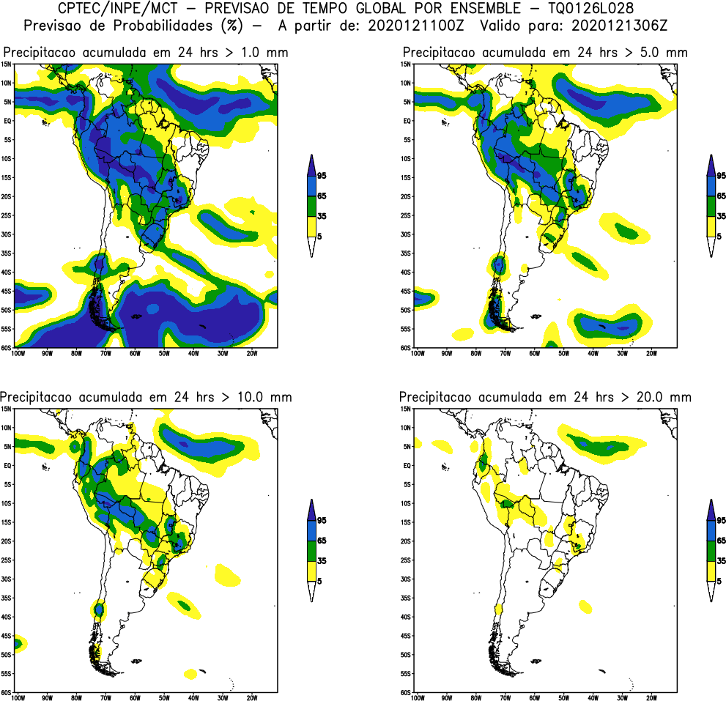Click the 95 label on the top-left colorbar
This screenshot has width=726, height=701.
click(322, 176)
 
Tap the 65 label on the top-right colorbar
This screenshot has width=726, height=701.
click(721, 196)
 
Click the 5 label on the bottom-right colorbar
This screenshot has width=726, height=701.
click(719, 580)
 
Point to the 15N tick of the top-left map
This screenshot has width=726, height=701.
click(6, 64)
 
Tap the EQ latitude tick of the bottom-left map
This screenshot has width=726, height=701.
click(7, 465)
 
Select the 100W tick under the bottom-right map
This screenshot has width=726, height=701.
click(418, 698)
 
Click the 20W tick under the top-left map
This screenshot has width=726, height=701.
click(251, 353)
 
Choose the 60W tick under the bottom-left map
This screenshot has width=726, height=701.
click(135, 698)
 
